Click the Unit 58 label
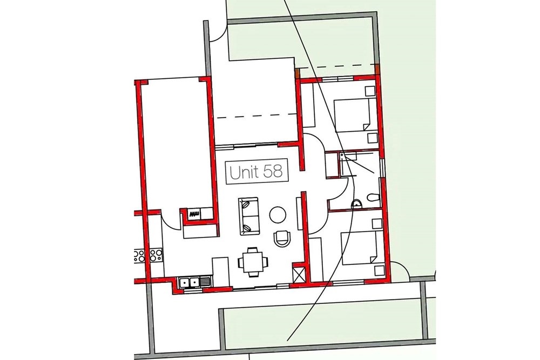256,172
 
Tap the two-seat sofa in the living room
248,216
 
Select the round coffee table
278,215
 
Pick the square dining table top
252,262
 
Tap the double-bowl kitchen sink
189,283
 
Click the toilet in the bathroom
373,198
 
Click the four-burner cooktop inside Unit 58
156,256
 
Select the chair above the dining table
252,249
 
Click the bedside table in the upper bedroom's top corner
370,91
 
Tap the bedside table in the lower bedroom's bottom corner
379,270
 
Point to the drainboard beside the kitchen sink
205,283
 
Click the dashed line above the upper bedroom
338,66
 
